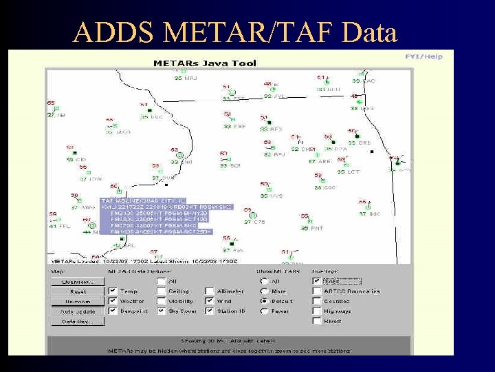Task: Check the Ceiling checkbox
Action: [161, 291]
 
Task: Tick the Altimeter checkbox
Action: [210, 291]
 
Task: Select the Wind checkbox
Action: [210, 301]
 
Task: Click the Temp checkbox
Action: [113, 291]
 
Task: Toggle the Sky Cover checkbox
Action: [161, 311]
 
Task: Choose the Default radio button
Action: [264, 301]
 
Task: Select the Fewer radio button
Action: [264, 311]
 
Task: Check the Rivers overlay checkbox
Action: [316, 321]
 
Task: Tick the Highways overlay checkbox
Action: [316, 311]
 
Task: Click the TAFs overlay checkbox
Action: [316, 281]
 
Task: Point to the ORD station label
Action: [364, 143]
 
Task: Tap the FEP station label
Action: [239, 127]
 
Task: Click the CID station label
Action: [80, 160]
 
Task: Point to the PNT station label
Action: [316, 228]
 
